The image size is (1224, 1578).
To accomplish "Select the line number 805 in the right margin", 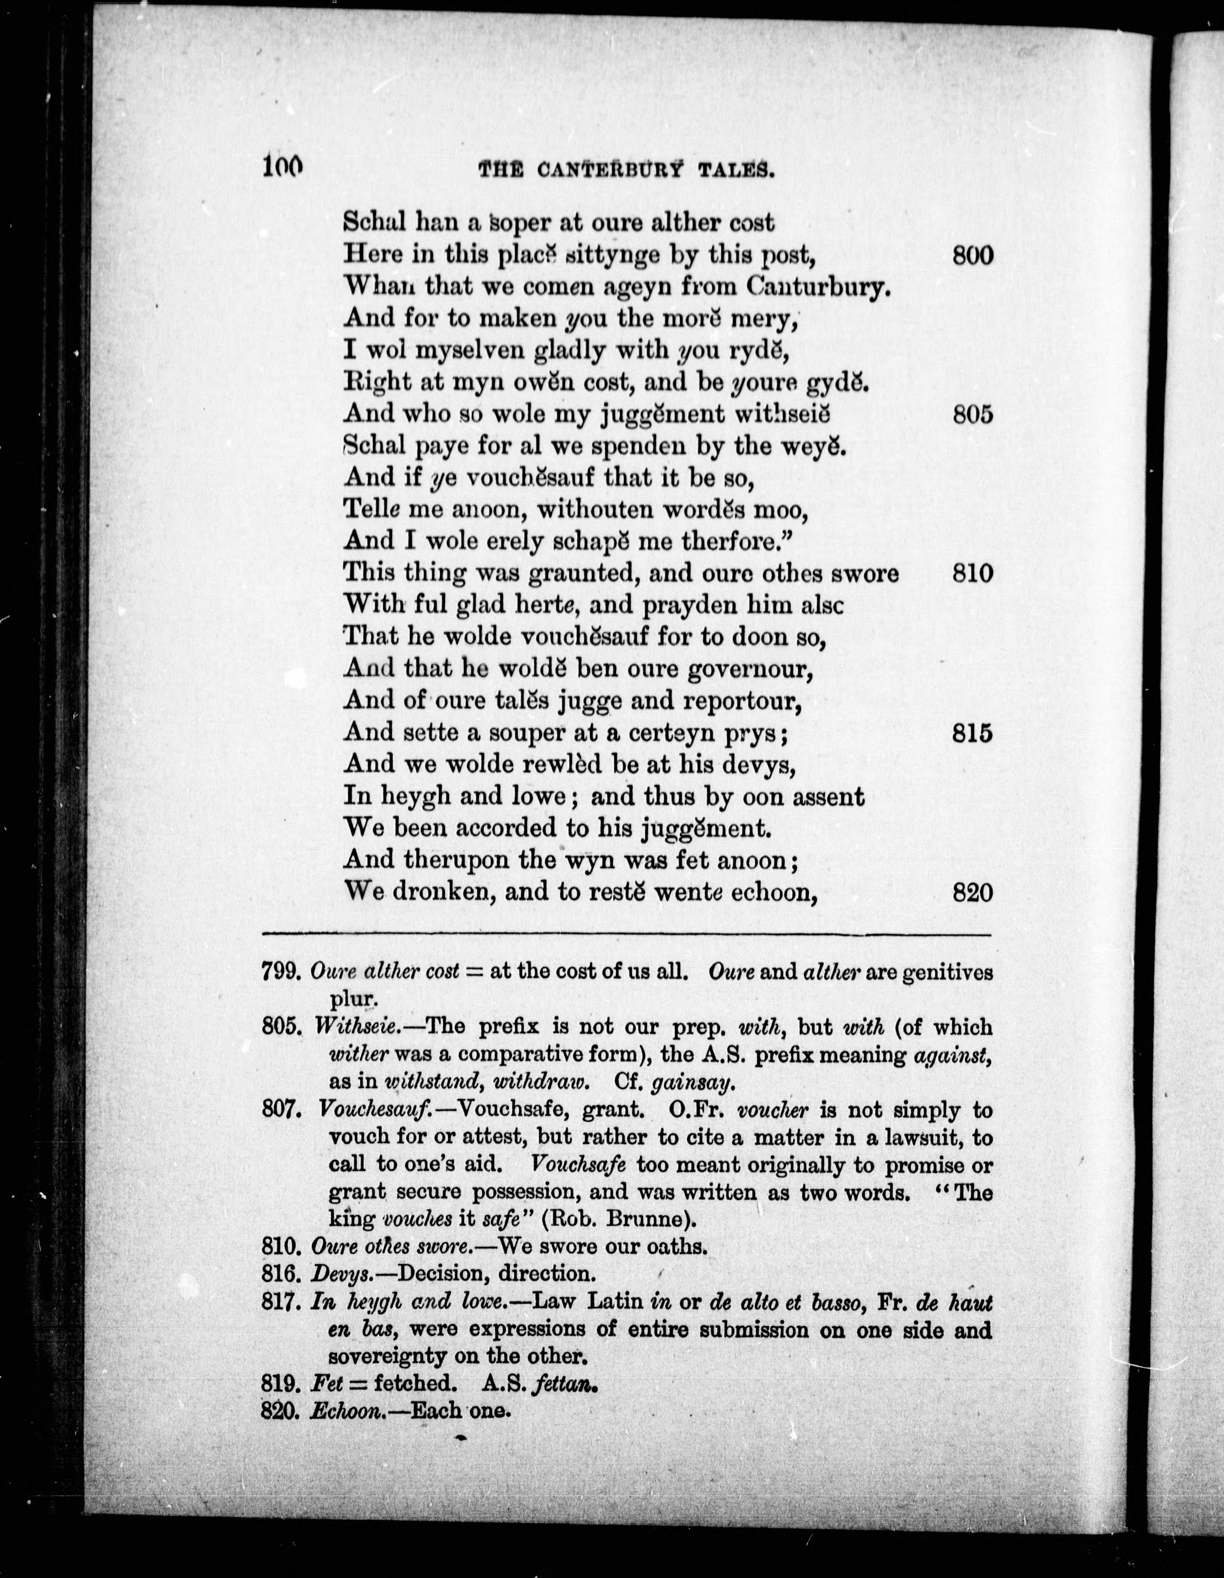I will click(x=973, y=414).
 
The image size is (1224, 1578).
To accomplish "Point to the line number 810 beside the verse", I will click(x=973, y=573).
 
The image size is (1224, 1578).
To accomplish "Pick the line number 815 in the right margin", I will click(x=973, y=733).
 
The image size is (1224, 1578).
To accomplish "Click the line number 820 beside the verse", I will click(x=973, y=893).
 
